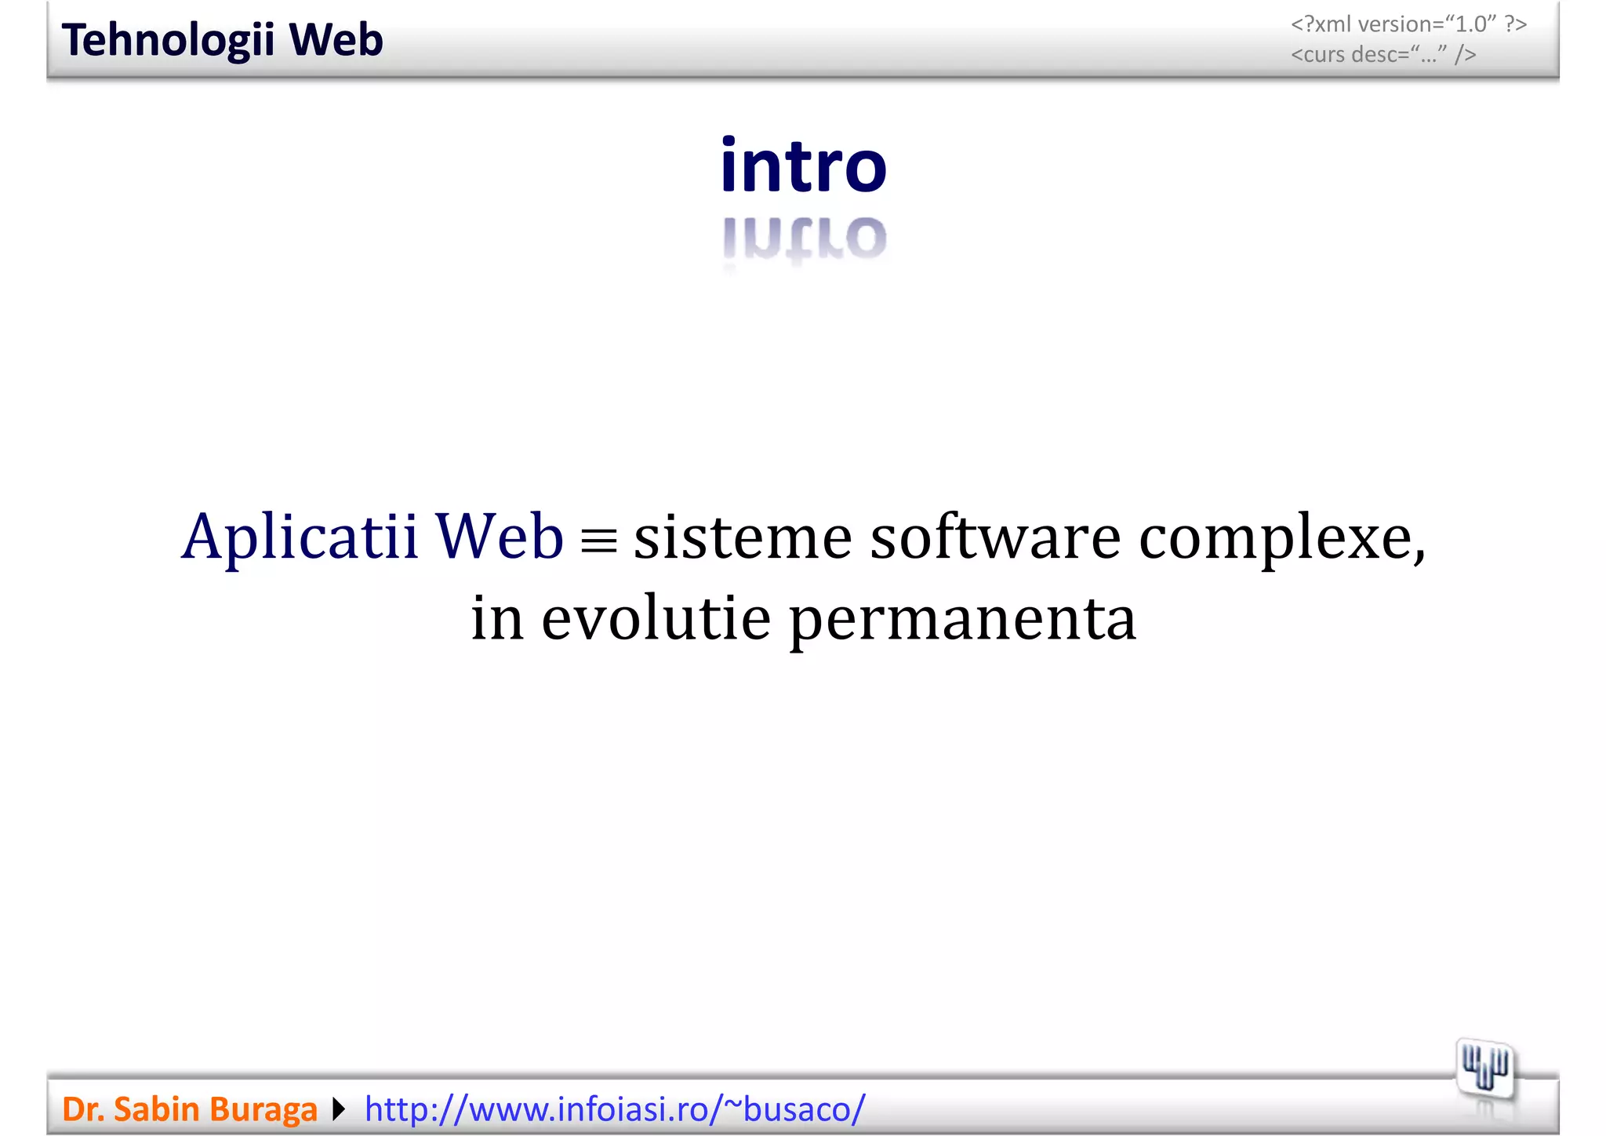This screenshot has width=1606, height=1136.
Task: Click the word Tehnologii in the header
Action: point(168,41)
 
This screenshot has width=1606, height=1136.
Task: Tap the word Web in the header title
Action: point(336,41)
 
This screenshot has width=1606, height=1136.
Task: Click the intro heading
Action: point(803,166)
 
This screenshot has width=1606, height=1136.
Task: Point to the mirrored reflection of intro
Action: point(804,238)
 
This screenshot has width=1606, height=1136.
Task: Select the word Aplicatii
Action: point(300,538)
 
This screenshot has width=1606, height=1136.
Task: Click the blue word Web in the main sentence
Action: point(500,537)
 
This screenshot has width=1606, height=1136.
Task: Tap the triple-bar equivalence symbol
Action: point(599,540)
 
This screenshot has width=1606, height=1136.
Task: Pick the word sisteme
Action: point(743,538)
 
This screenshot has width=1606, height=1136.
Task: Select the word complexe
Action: point(1280,540)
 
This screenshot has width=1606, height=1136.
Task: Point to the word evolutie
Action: point(656,620)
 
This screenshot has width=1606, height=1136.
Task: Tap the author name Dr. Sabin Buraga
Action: point(189,1109)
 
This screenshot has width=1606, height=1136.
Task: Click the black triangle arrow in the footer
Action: point(339,1109)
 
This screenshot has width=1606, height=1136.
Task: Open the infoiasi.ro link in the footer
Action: point(615,1109)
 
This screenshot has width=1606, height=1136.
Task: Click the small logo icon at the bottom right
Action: point(1484,1070)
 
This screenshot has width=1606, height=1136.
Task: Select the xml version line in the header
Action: point(1408,24)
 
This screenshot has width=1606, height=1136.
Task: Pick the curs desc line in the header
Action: point(1383,54)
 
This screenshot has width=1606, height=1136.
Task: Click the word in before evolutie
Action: point(496,618)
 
